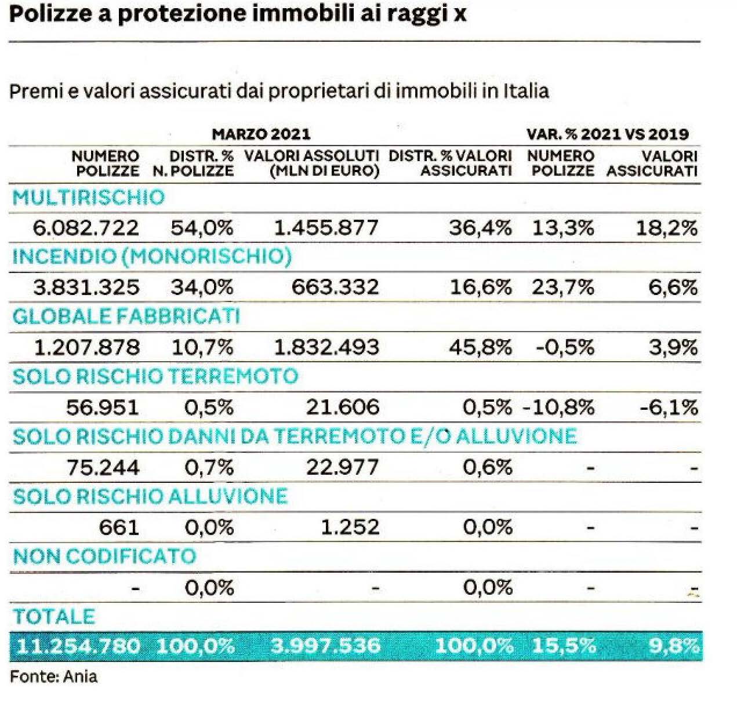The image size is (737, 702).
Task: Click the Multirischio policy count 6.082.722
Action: [x=86, y=228]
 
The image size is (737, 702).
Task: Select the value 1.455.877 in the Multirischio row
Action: [x=326, y=228]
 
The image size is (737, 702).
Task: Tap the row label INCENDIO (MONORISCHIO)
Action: [x=152, y=257]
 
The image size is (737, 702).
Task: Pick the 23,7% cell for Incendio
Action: [x=562, y=288]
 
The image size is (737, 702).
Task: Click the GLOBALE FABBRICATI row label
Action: [x=126, y=317]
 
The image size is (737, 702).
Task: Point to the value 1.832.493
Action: [x=326, y=348]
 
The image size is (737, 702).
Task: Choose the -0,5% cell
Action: [x=565, y=348]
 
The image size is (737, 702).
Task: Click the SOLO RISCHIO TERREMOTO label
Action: [x=155, y=377]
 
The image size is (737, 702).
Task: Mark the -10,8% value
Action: [x=558, y=408]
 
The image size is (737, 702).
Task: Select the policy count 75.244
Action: [x=103, y=468]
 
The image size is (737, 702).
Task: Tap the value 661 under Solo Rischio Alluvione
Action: [x=119, y=528]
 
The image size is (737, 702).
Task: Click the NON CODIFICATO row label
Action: [x=104, y=557]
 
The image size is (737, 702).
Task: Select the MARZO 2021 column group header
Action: [x=261, y=134]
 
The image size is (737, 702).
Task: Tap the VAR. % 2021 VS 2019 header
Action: [x=607, y=134]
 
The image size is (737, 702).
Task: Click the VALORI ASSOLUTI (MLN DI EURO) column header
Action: [x=311, y=163]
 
